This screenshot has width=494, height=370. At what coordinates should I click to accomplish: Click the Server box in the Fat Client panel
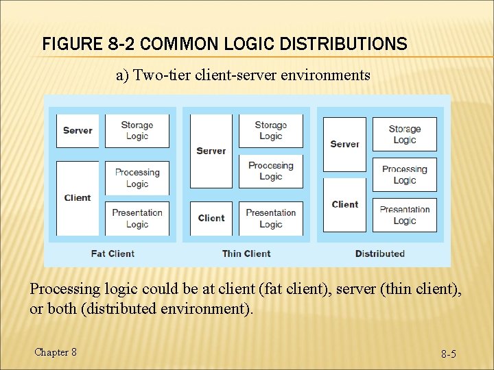tap(78, 130)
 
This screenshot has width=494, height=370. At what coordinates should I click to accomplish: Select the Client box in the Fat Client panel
tap(78, 198)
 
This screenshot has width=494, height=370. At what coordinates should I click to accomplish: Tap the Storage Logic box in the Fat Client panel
tap(137, 130)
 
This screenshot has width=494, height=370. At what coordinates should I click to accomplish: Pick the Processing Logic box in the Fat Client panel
tap(137, 178)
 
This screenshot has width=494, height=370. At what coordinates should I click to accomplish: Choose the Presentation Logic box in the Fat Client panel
tap(137, 219)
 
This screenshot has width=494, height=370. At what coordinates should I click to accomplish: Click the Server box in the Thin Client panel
tap(211, 151)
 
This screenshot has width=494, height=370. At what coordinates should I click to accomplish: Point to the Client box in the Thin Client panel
tap(211, 219)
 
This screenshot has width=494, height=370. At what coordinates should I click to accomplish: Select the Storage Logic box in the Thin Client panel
tap(270, 130)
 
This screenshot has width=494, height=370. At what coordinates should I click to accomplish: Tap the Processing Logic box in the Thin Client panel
tap(270, 171)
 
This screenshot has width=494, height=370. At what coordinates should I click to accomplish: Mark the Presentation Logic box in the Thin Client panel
tap(270, 219)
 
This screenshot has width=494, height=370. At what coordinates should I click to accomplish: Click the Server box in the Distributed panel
tap(344, 144)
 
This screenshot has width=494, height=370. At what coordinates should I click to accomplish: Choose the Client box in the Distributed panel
tap(344, 204)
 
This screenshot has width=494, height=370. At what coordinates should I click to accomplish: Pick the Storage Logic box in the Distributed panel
tap(405, 134)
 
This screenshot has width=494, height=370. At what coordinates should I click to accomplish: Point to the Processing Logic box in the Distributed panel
tap(405, 175)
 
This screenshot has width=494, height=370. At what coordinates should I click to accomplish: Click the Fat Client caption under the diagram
tap(113, 254)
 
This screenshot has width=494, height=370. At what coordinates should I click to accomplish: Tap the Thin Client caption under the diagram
tap(246, 254)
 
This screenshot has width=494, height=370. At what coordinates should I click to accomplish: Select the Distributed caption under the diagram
tap(380, 254)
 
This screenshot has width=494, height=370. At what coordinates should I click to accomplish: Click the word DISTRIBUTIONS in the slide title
tap(339, 45)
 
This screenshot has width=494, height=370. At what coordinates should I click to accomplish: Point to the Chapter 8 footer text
tap(55, 352)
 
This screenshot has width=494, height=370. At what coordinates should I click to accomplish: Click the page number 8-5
tap(449, 354)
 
